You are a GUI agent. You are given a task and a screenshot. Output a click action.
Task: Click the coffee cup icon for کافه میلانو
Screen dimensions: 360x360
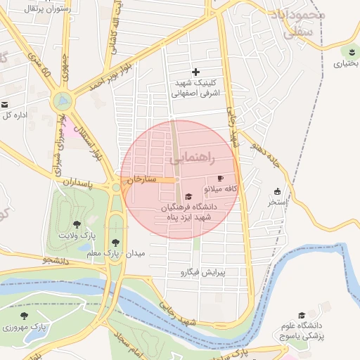point(220,179)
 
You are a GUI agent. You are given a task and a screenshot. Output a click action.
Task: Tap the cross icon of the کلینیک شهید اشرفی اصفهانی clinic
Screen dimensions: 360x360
point(195,72)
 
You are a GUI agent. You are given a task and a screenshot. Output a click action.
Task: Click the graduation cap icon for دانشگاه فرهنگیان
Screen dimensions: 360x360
point(188,197)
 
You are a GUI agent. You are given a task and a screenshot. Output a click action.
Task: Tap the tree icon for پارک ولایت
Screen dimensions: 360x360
point(77,224)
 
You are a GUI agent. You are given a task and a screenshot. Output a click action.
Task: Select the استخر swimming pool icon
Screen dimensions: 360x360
point(277,191)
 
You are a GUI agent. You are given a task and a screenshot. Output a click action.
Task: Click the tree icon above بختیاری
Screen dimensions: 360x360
point(350,52)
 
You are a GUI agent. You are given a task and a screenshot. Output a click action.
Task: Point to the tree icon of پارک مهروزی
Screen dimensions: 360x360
point(25,316)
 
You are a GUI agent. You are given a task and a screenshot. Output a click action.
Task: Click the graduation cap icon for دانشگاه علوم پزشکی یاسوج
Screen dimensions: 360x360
point(302,316)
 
